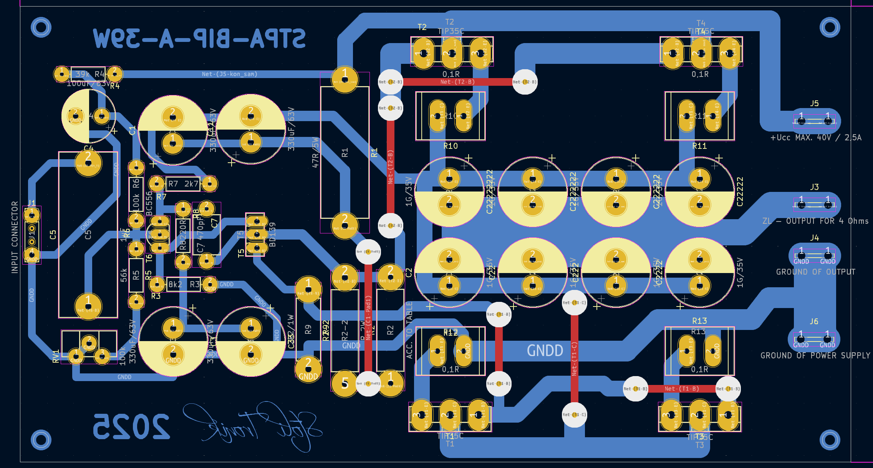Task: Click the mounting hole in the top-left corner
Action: click(x=41, y=27)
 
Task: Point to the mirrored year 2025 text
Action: click(x=131, y=426)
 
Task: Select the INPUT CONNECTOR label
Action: click(x=15, y=237)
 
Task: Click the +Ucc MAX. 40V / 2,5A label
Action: click(x=816, y=138)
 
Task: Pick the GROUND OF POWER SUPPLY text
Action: click(x=815, y=356)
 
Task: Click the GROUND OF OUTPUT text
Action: click(x=816, y=272)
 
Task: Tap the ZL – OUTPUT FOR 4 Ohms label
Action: click(x=815, y=221)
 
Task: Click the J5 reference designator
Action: click(x=814, y=103)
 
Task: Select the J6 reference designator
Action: click(x=814, y=321)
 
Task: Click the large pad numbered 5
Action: click(x=345, y=383)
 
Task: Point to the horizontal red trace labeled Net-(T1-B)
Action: click(x=682, y=389)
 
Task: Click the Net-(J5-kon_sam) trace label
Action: click(x=230, y=74)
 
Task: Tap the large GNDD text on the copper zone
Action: click(x=545, y=351)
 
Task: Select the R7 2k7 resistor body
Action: click(x=183, y=184)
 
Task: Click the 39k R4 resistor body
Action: click(x=88, y=74)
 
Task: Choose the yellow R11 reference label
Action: click(x=699, y=146)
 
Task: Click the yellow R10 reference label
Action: click(x=451, y=146)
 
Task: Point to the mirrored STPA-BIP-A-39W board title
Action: click(x=200, y=38)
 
